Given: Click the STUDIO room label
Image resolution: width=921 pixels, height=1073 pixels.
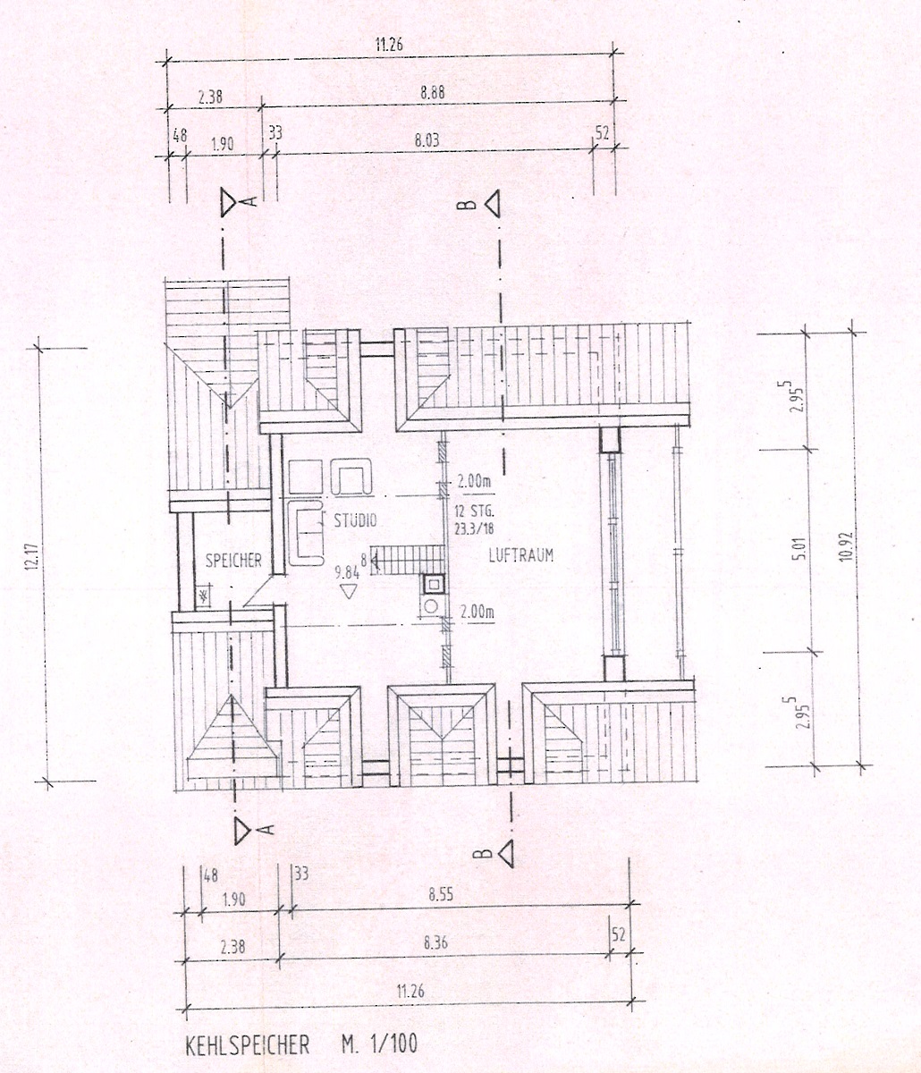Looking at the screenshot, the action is [x=355, y=520].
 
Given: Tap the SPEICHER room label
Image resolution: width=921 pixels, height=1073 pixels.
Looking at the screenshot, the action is [x=233, y=560].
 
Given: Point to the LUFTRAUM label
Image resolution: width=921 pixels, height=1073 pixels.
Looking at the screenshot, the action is [x=520, y=555].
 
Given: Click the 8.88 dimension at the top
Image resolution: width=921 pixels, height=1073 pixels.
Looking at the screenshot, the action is [x=432, y=93].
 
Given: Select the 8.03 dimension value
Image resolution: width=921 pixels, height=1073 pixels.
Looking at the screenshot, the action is [x=427, y=140].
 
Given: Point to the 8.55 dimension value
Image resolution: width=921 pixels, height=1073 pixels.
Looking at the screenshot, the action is [x=440, y=894].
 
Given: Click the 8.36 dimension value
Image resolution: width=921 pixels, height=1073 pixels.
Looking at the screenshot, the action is [x=435, y=942].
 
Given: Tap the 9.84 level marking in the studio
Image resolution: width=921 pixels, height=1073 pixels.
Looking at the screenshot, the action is [x=347, y=572].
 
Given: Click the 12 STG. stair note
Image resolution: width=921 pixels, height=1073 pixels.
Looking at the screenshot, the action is [x=475, y=511].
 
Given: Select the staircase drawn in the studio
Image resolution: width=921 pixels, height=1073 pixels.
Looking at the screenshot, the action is [x=408, y=560].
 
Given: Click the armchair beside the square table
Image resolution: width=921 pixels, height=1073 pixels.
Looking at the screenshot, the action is [x=352, y=476].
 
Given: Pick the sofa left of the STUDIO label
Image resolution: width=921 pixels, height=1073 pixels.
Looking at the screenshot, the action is [x=306, y=533].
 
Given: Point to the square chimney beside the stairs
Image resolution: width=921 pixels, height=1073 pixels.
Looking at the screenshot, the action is [x=434, y=585].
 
